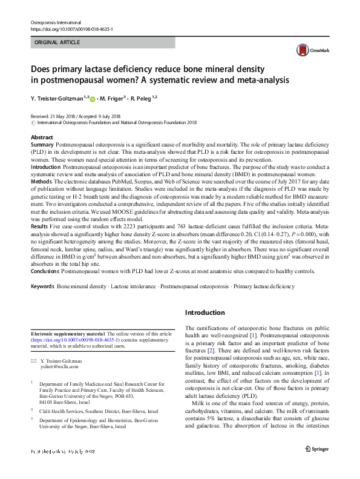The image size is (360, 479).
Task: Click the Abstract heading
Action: [x=42, y=138]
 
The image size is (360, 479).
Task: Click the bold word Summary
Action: [x=42, y=146]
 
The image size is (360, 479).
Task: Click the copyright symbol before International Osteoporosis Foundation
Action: [x=33, y=122]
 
